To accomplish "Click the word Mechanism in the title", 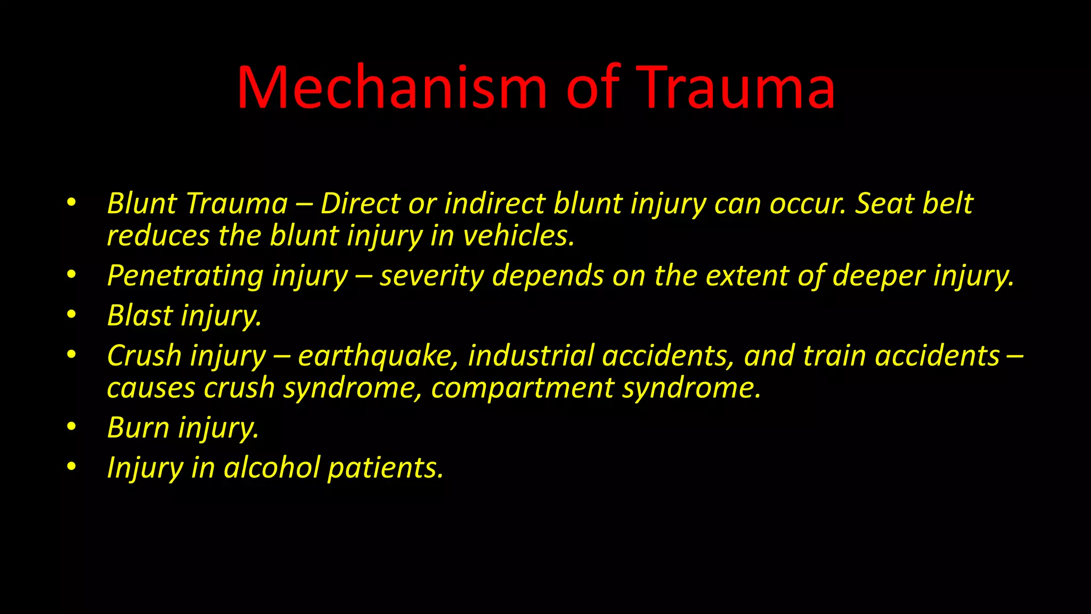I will pos(392,87).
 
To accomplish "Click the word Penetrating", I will pos(185,276).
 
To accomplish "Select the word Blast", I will pos(140,315).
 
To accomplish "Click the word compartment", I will pos(523,388).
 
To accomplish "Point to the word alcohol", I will pos(271,467).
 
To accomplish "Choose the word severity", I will pos(431,276).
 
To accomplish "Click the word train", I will pos(834,356).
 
